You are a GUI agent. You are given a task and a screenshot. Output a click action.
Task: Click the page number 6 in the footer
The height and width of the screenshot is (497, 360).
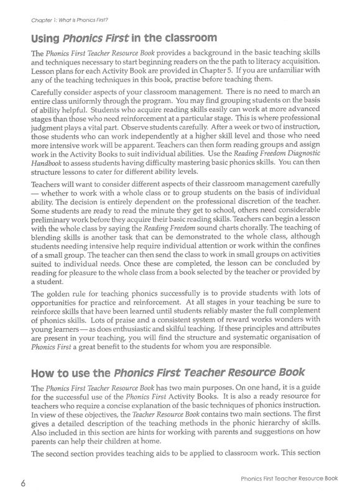pyautogui.click(x=21, y=480)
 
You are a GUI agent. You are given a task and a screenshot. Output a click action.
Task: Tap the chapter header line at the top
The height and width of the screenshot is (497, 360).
pyautogui.click(x=65, y=19)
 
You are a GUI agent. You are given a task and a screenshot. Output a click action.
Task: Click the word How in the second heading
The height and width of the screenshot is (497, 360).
pyautogui.click(x=44, y=372)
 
